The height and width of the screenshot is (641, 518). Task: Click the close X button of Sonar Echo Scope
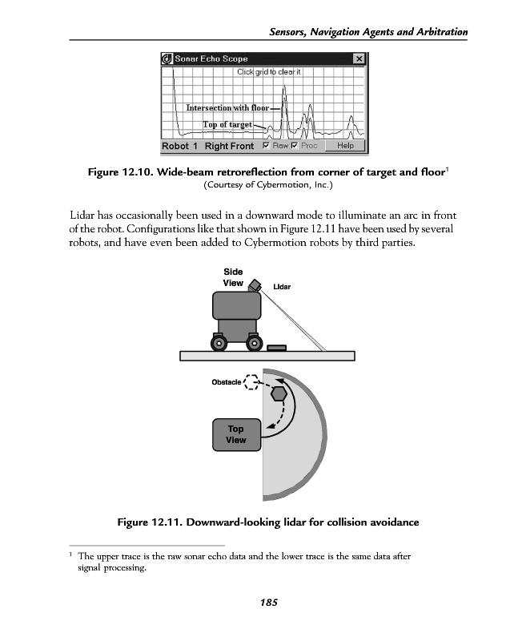pyautogui.click(x=359, y=58)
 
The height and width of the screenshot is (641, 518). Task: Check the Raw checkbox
pyautogui.click(x=267, y=146)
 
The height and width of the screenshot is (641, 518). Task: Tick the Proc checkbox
pyautogui.click(x=295, y=146)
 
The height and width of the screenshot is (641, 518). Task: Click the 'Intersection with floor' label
pyautogui.click(x=227, y=108)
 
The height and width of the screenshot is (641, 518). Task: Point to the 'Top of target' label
pyautogui.click(x=227, y=125)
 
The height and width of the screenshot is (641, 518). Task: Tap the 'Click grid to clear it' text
pyautogui.click(x=268, y=72)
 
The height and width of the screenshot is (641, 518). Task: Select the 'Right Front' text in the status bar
pyautogui.click(x=229, y=147)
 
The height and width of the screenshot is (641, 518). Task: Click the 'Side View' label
pyautogui.click(x=233, y=277)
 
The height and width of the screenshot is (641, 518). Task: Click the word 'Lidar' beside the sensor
pyautogui.click(x=282, y=286)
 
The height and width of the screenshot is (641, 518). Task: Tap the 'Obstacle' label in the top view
pyautogui.click(x=226, y=382)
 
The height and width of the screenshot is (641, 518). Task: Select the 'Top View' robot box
pyautogui.click(x=236, y=435)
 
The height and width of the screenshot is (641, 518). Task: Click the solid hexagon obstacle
pyautogui.click(x=279, y=393)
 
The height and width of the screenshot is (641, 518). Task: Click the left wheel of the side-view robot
pyautogui.click(x=218, y=343)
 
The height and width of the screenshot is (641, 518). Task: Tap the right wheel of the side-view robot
pyautogui.click(x=254, y=343)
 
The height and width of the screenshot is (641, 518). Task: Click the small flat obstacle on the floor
pyautogui.click(x=276, y=348)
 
